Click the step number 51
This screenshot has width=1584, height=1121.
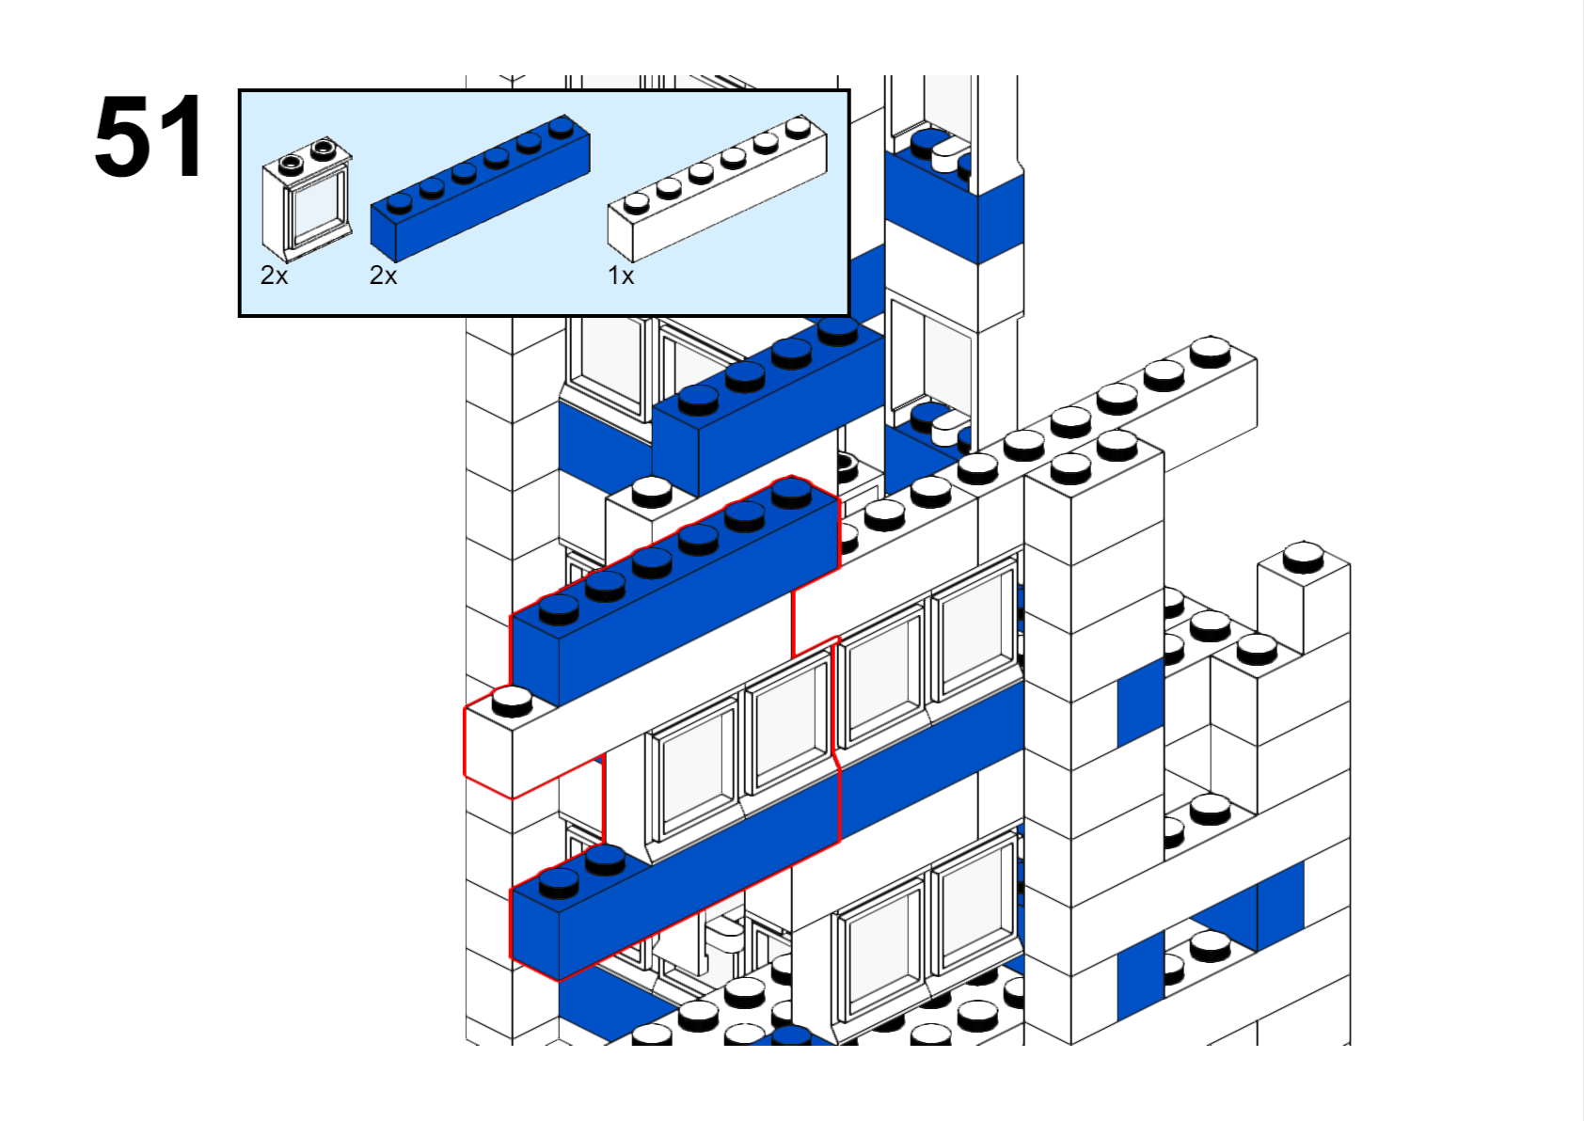tap(149, 137)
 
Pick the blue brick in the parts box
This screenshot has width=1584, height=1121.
tap(480, 188)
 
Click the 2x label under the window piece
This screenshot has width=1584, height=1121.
tap(274, 276)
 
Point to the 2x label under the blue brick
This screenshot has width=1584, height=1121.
tap(383, 276)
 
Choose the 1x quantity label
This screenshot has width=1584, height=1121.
tap(621, 276)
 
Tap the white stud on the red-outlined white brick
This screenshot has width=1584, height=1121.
tap(513, 700)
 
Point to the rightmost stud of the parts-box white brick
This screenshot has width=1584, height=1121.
tap(799, 126)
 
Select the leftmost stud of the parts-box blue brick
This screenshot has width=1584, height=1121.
tap(400, 202)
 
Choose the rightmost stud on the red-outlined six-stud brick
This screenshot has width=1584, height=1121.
tap(791, 492)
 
